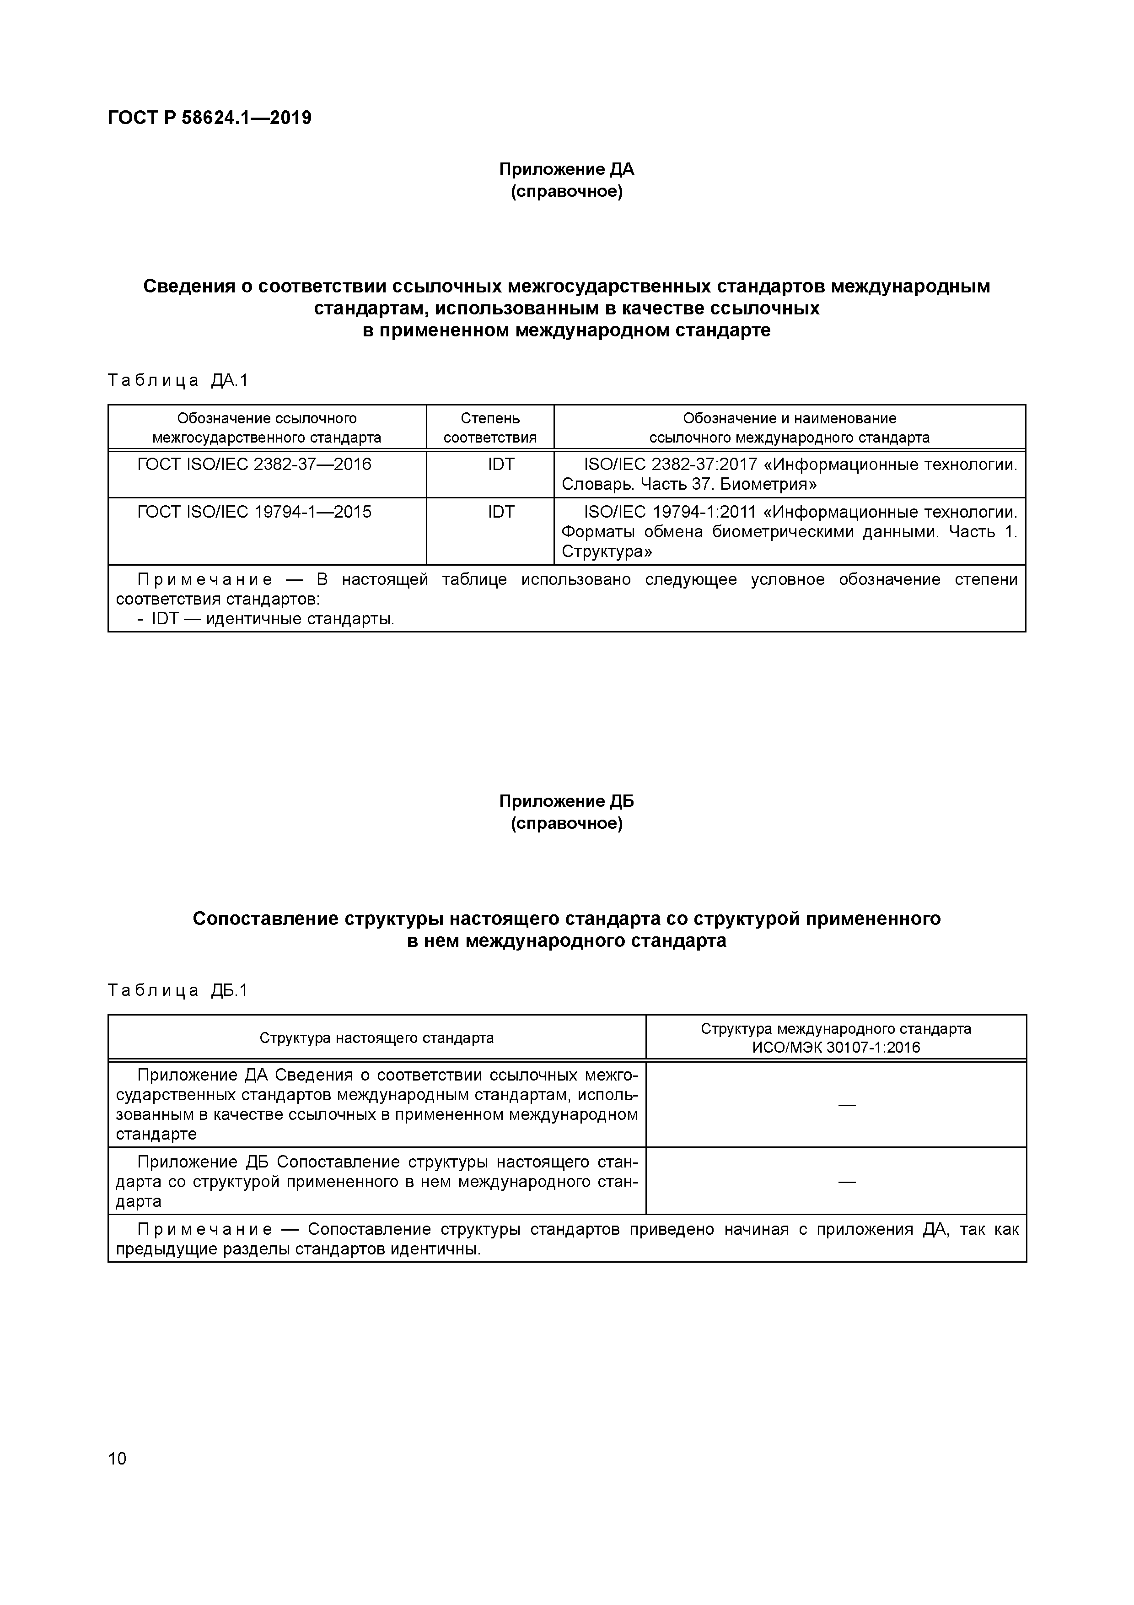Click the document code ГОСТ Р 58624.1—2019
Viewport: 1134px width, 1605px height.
tap(210, 118)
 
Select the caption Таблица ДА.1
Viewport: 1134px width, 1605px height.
tap(178, 380)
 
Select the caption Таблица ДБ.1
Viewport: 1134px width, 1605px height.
tap(178, 990)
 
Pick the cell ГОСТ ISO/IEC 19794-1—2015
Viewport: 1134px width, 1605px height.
tap(254, 513)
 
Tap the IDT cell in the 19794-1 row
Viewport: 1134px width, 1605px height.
tap(501, 513)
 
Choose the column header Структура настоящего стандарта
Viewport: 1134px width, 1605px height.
tap(376, 1038)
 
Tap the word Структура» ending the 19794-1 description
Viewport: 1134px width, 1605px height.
tap(607, 552)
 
